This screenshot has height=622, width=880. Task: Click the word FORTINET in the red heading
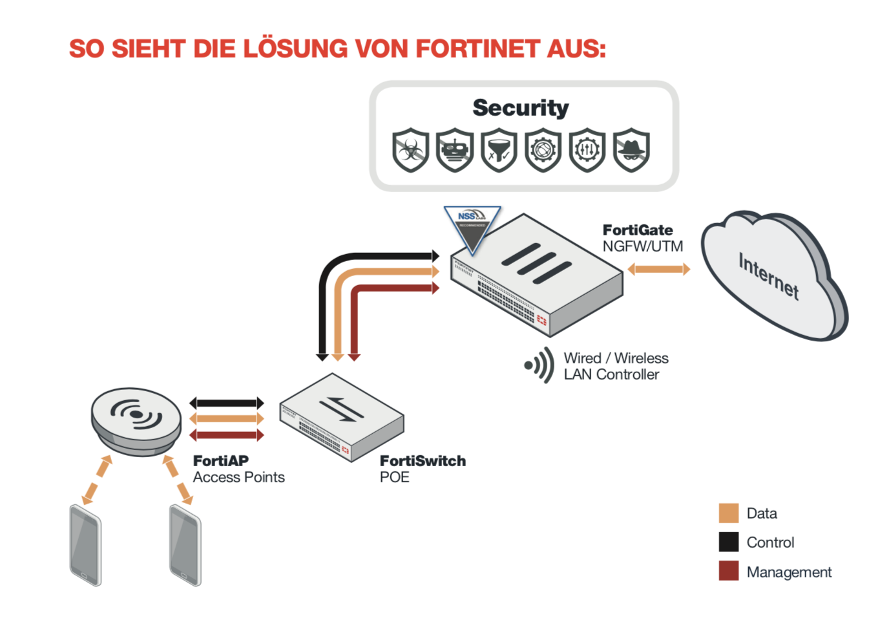pyautogui.click(x=477, y=49)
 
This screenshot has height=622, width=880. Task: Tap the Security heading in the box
pyautogui.click(x=521, y=108)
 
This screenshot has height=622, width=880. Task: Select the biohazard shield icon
pyautogui.click(x=411, y=151)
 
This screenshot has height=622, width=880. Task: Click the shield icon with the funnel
pyautogui.click(x=499, y=151)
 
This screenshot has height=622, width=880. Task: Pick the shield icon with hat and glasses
pyautogui.click(x=631, y=151)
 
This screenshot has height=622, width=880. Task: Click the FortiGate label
pyautogui.click(x=638, y=230)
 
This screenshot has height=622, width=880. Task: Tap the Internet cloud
pyautogui.click(x=773, y=275)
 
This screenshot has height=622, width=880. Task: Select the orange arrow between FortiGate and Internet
pyautogui.click(x=658, y=269)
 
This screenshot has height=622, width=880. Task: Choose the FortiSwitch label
pyautogui.click(x=423, y=461)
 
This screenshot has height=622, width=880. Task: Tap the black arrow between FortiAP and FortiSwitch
pyautogui.click(x=226, y=403)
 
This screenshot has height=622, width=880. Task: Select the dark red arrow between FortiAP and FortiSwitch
pyautogui.click(x=226, y=435)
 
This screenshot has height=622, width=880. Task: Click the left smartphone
pyautogui.click(x=85, y=545)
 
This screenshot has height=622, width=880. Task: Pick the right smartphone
pyautogui.click(x=185, y=545)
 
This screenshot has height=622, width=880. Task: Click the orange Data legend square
pyautogui.click(x=729, y=513)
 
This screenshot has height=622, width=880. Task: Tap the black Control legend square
pyautogui.click(x=729, y=542)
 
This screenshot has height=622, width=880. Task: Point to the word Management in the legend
pyautogui.click(x=789, y=572)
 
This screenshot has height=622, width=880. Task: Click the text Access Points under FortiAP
pyautogui.click(x=238, y=477)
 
